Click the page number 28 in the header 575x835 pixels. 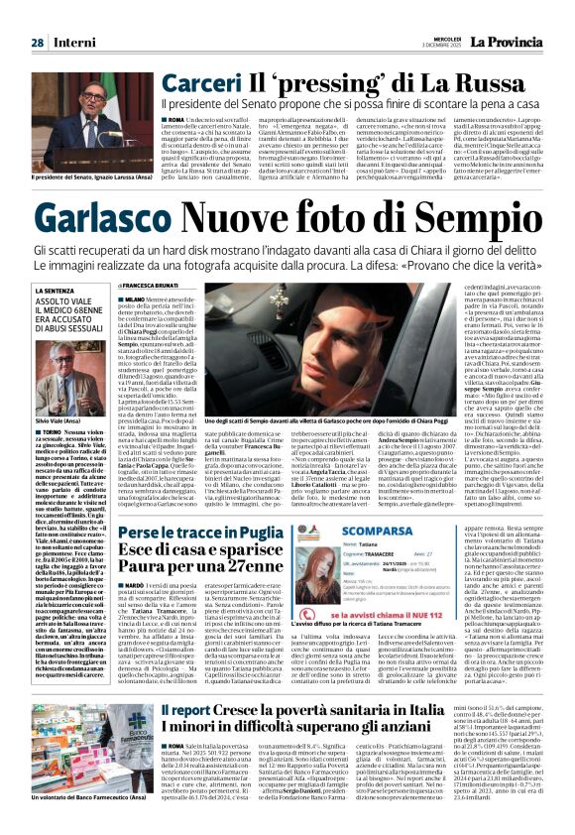37,15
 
